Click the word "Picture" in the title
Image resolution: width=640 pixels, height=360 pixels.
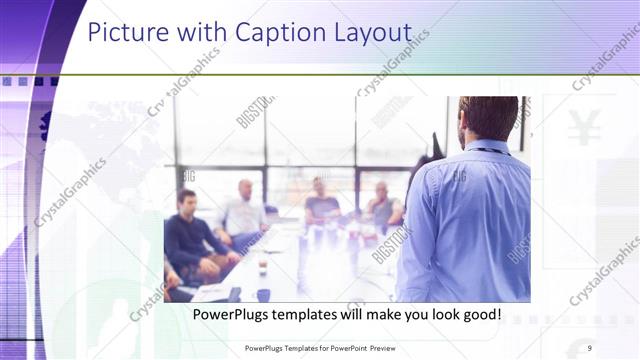123,33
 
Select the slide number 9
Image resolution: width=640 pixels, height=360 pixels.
589,346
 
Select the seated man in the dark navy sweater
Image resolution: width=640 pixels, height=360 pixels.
190,235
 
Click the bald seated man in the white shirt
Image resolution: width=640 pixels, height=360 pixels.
243,210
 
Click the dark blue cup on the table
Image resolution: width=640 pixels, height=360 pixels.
263,294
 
